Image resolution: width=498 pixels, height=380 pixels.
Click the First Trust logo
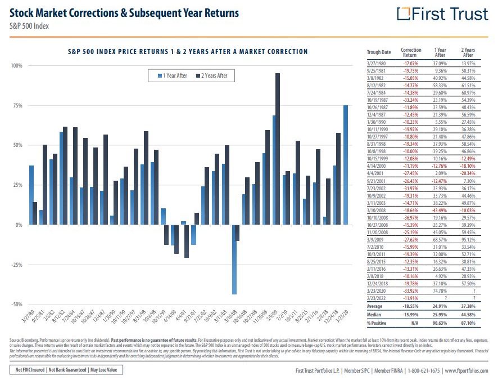(x=443, y=14)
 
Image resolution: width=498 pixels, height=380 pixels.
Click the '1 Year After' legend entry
(x=173, y=75)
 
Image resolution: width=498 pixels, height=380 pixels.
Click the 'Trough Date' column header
(x=378, y=52)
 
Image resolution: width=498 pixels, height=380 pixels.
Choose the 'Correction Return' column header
(x=411, y=52)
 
